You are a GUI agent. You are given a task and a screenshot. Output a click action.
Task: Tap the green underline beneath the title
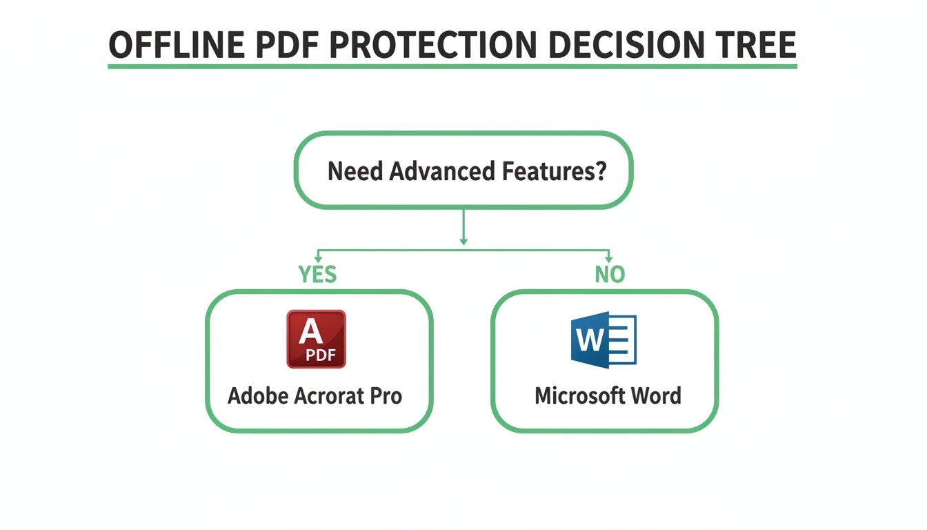tap(452, 66)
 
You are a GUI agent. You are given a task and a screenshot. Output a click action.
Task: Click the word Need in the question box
tap(355, 170)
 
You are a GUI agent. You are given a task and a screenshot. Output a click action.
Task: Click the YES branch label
tap(318, 275)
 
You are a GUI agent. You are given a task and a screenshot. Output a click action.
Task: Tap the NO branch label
tap(610, 275)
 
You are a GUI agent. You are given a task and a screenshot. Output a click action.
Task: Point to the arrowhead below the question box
tap(464, 241)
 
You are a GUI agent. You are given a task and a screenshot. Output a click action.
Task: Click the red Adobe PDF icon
tap(316, 339)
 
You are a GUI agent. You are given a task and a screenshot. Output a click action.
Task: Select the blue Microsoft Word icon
tap(604, 340)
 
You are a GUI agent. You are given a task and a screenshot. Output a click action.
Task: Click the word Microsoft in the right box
tap(579, 396)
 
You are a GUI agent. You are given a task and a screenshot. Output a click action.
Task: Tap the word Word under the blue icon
tap(655, 396)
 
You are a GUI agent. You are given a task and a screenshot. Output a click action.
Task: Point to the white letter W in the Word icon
tap(588, 340)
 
